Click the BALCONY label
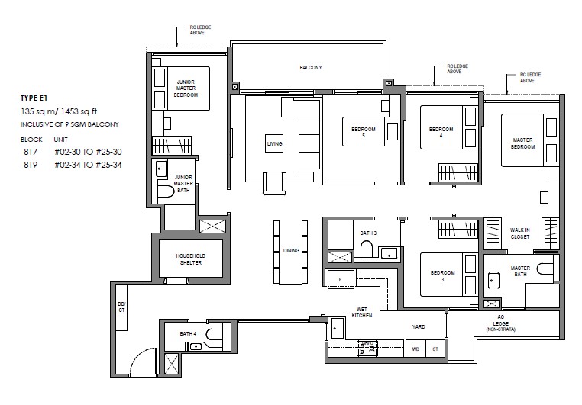[311, 67]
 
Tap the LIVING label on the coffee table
[274, 143]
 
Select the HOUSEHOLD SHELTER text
[191, 259]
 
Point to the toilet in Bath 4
[214, 334]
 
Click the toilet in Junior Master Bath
[166, 192]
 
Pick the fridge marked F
[341, 279]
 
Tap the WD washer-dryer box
[415, 349]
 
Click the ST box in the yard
[435, 349]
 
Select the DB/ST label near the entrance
[121, 307]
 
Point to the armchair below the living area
[274, 183]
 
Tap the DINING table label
[291, 251]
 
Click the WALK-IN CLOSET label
[519, 233]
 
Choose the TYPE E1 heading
[34, 98]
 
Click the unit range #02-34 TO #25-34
[88, 165]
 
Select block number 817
[31, 152]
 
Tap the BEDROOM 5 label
[364, 132]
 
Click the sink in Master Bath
[492, 281]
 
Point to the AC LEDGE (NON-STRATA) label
[501, 323]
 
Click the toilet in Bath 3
[367, 249]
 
